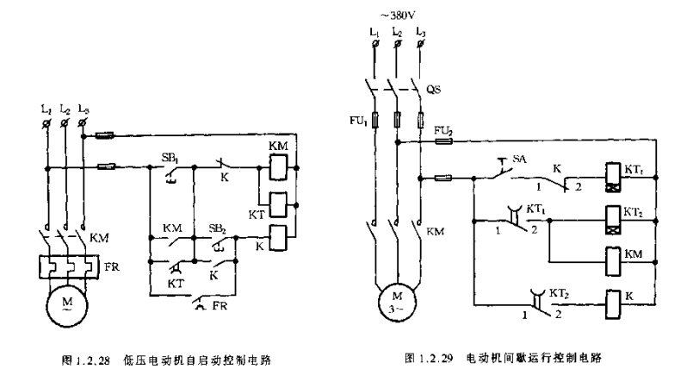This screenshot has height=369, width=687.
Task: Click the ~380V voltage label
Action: point(396,14)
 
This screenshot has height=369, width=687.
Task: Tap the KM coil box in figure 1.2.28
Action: point(277,169)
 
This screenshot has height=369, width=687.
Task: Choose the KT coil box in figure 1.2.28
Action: point(277,204)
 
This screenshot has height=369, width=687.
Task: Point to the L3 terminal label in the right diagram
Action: point(419,33)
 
